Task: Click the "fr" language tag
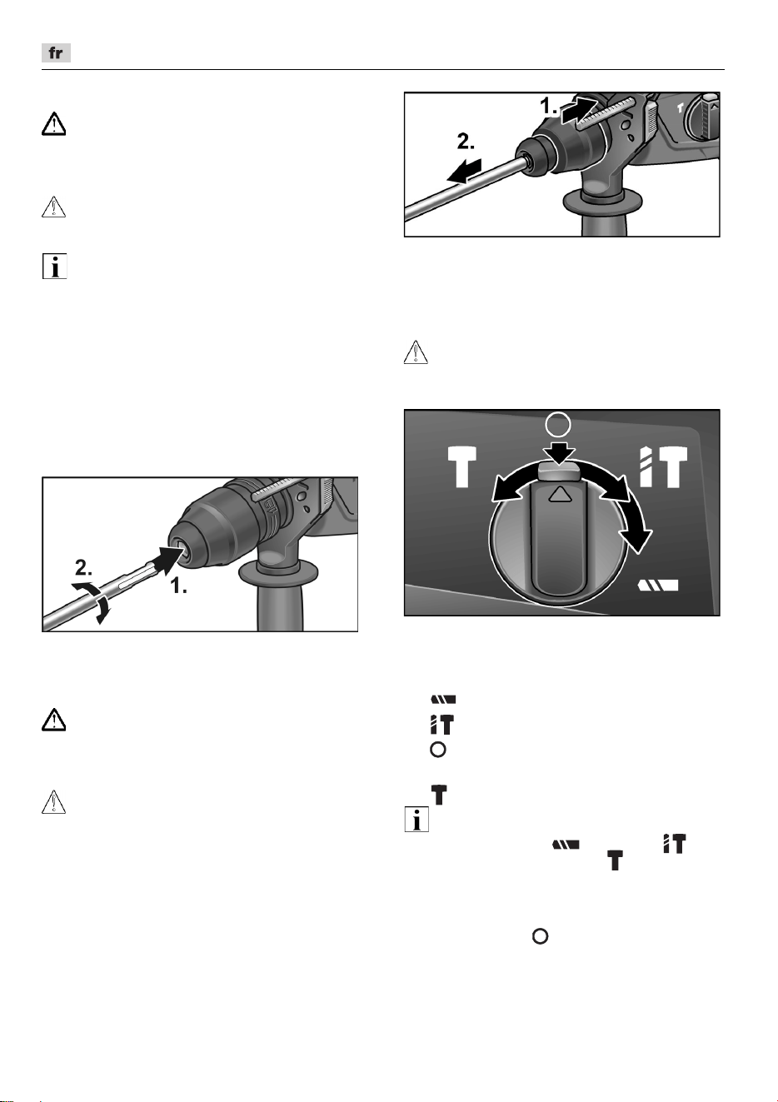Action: point(56,52)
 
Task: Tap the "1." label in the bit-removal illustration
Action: point(548,106)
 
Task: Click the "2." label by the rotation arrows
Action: point(83,567)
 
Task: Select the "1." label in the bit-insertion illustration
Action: point(178,586)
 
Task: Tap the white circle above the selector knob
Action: point(558,424)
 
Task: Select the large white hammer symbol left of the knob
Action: point(462,466)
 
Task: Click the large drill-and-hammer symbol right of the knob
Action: point(663,466)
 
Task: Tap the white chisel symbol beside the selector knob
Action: point(658,585)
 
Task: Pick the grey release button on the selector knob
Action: point(559,471)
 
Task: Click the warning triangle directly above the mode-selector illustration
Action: point(416,352)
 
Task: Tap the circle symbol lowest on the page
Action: point(541,936)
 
